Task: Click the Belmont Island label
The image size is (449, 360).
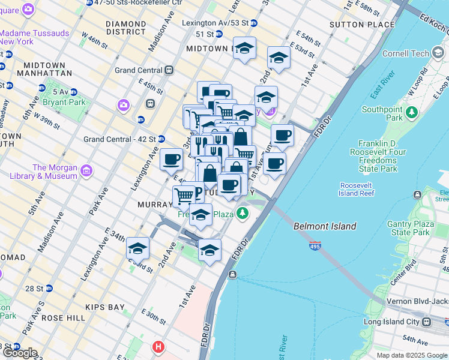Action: [x=325, y=226]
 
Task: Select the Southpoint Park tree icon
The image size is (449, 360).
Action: [x=412, y=112]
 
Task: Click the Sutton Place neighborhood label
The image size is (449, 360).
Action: [x=362, y=25]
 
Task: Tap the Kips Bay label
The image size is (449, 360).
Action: [x=106, y=307]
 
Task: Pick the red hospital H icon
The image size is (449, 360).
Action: [x=158, y=346]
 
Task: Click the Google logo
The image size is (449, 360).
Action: [x=19, y=353]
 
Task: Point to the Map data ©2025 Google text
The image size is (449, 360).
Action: [x=411, y=355]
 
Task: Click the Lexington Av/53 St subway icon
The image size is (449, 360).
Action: [x=254, y=23]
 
